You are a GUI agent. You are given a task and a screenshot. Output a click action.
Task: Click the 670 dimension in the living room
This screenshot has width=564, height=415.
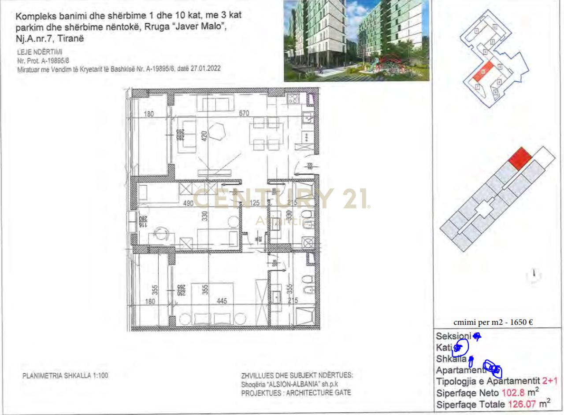[244, 113]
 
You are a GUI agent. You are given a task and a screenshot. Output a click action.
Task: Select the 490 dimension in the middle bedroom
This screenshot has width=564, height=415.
[188, 203]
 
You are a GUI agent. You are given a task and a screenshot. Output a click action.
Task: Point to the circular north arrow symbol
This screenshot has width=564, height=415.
[534, 275]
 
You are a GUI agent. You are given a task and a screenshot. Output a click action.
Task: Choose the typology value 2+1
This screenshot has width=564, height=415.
[550, 381]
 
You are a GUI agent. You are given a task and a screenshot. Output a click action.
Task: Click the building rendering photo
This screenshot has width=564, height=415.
[356, 40]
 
